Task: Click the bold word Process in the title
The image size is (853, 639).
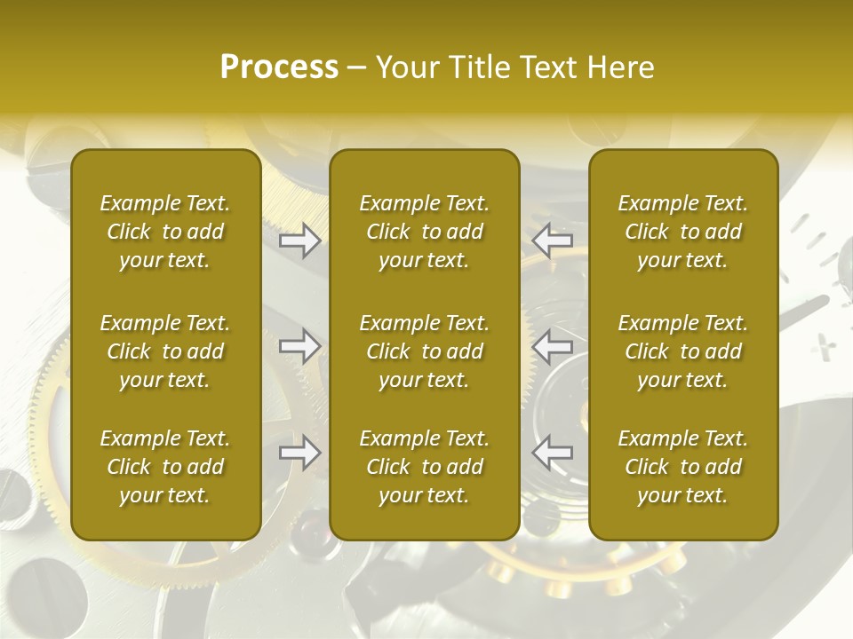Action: point(279,67)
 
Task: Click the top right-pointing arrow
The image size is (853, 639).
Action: point(300,240)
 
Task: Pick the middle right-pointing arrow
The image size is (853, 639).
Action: point(300,346)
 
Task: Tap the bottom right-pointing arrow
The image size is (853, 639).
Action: point(300,453)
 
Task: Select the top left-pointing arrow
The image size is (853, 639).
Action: point(553,240)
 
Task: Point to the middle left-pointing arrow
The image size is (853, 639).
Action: point(553,346)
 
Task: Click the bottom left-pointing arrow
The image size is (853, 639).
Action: point(553,453)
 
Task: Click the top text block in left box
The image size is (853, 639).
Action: point(165,232)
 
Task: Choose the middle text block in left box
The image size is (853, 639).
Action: point(165,351)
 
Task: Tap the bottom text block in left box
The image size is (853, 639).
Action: point(165,467)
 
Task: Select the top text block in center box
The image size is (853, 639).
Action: point(425,232)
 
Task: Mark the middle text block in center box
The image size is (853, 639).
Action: point(425,351)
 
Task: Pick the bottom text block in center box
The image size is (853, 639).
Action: point(425,467)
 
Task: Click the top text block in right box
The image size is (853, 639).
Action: point(683,232)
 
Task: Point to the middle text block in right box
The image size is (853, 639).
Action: point(683,351)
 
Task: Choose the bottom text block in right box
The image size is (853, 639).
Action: point(683,467)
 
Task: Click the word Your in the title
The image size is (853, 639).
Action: point(405,67)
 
